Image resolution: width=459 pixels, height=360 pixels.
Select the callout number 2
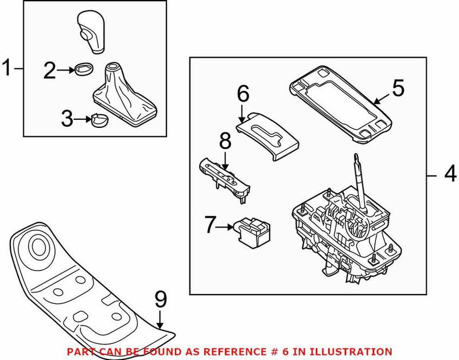point(50,71)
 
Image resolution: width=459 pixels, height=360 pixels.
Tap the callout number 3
point(68,119)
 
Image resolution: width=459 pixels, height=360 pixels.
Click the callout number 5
point(398,88)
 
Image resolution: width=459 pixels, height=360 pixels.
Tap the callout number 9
point(162,300)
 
